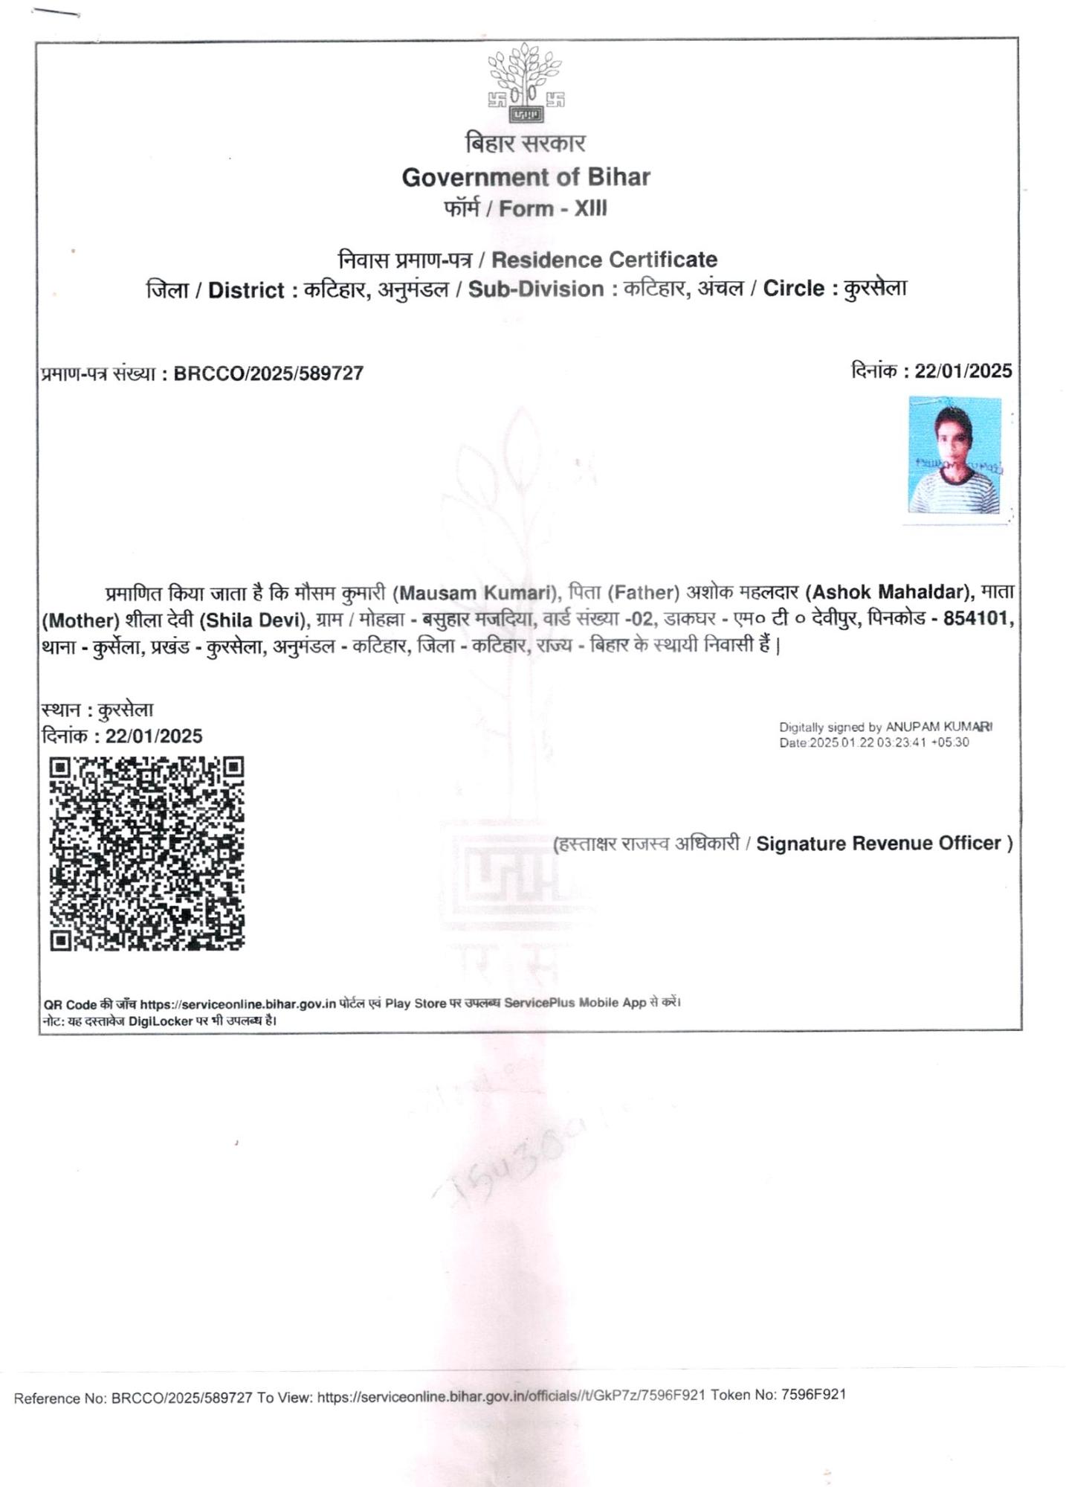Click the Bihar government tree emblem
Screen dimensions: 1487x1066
point(526,82)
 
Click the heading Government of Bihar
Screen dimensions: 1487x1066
point(526,177)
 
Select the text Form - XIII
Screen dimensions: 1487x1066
point(552,209)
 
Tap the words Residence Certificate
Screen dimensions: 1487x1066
point(604,260)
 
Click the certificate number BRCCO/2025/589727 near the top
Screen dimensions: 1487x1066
point(268,373)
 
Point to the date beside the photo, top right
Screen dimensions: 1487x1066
point(963,371)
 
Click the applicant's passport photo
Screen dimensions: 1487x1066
point(954,455)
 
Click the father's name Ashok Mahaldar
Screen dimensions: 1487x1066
point(888,592)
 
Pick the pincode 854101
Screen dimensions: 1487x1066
point(975,618)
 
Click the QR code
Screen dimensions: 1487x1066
point(146,853)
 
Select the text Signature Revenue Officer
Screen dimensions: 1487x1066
point(878,844)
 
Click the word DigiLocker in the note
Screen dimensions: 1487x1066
point(161,1021)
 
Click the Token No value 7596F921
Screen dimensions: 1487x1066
point(813,1395)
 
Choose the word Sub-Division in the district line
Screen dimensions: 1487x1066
point(535,289)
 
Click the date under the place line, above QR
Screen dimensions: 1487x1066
point(153,736)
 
